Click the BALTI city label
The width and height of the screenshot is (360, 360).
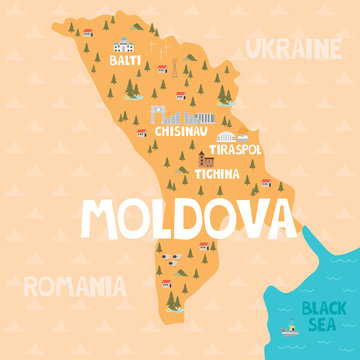125,61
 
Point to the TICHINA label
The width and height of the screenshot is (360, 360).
217,173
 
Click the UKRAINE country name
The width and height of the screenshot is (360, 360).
294,47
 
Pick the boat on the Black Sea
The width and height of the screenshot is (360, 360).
290,329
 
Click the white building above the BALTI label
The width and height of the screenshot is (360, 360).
123,45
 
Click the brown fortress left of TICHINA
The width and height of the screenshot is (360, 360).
207,159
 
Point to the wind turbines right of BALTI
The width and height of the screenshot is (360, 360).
154,47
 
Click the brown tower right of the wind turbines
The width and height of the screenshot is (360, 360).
173,70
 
